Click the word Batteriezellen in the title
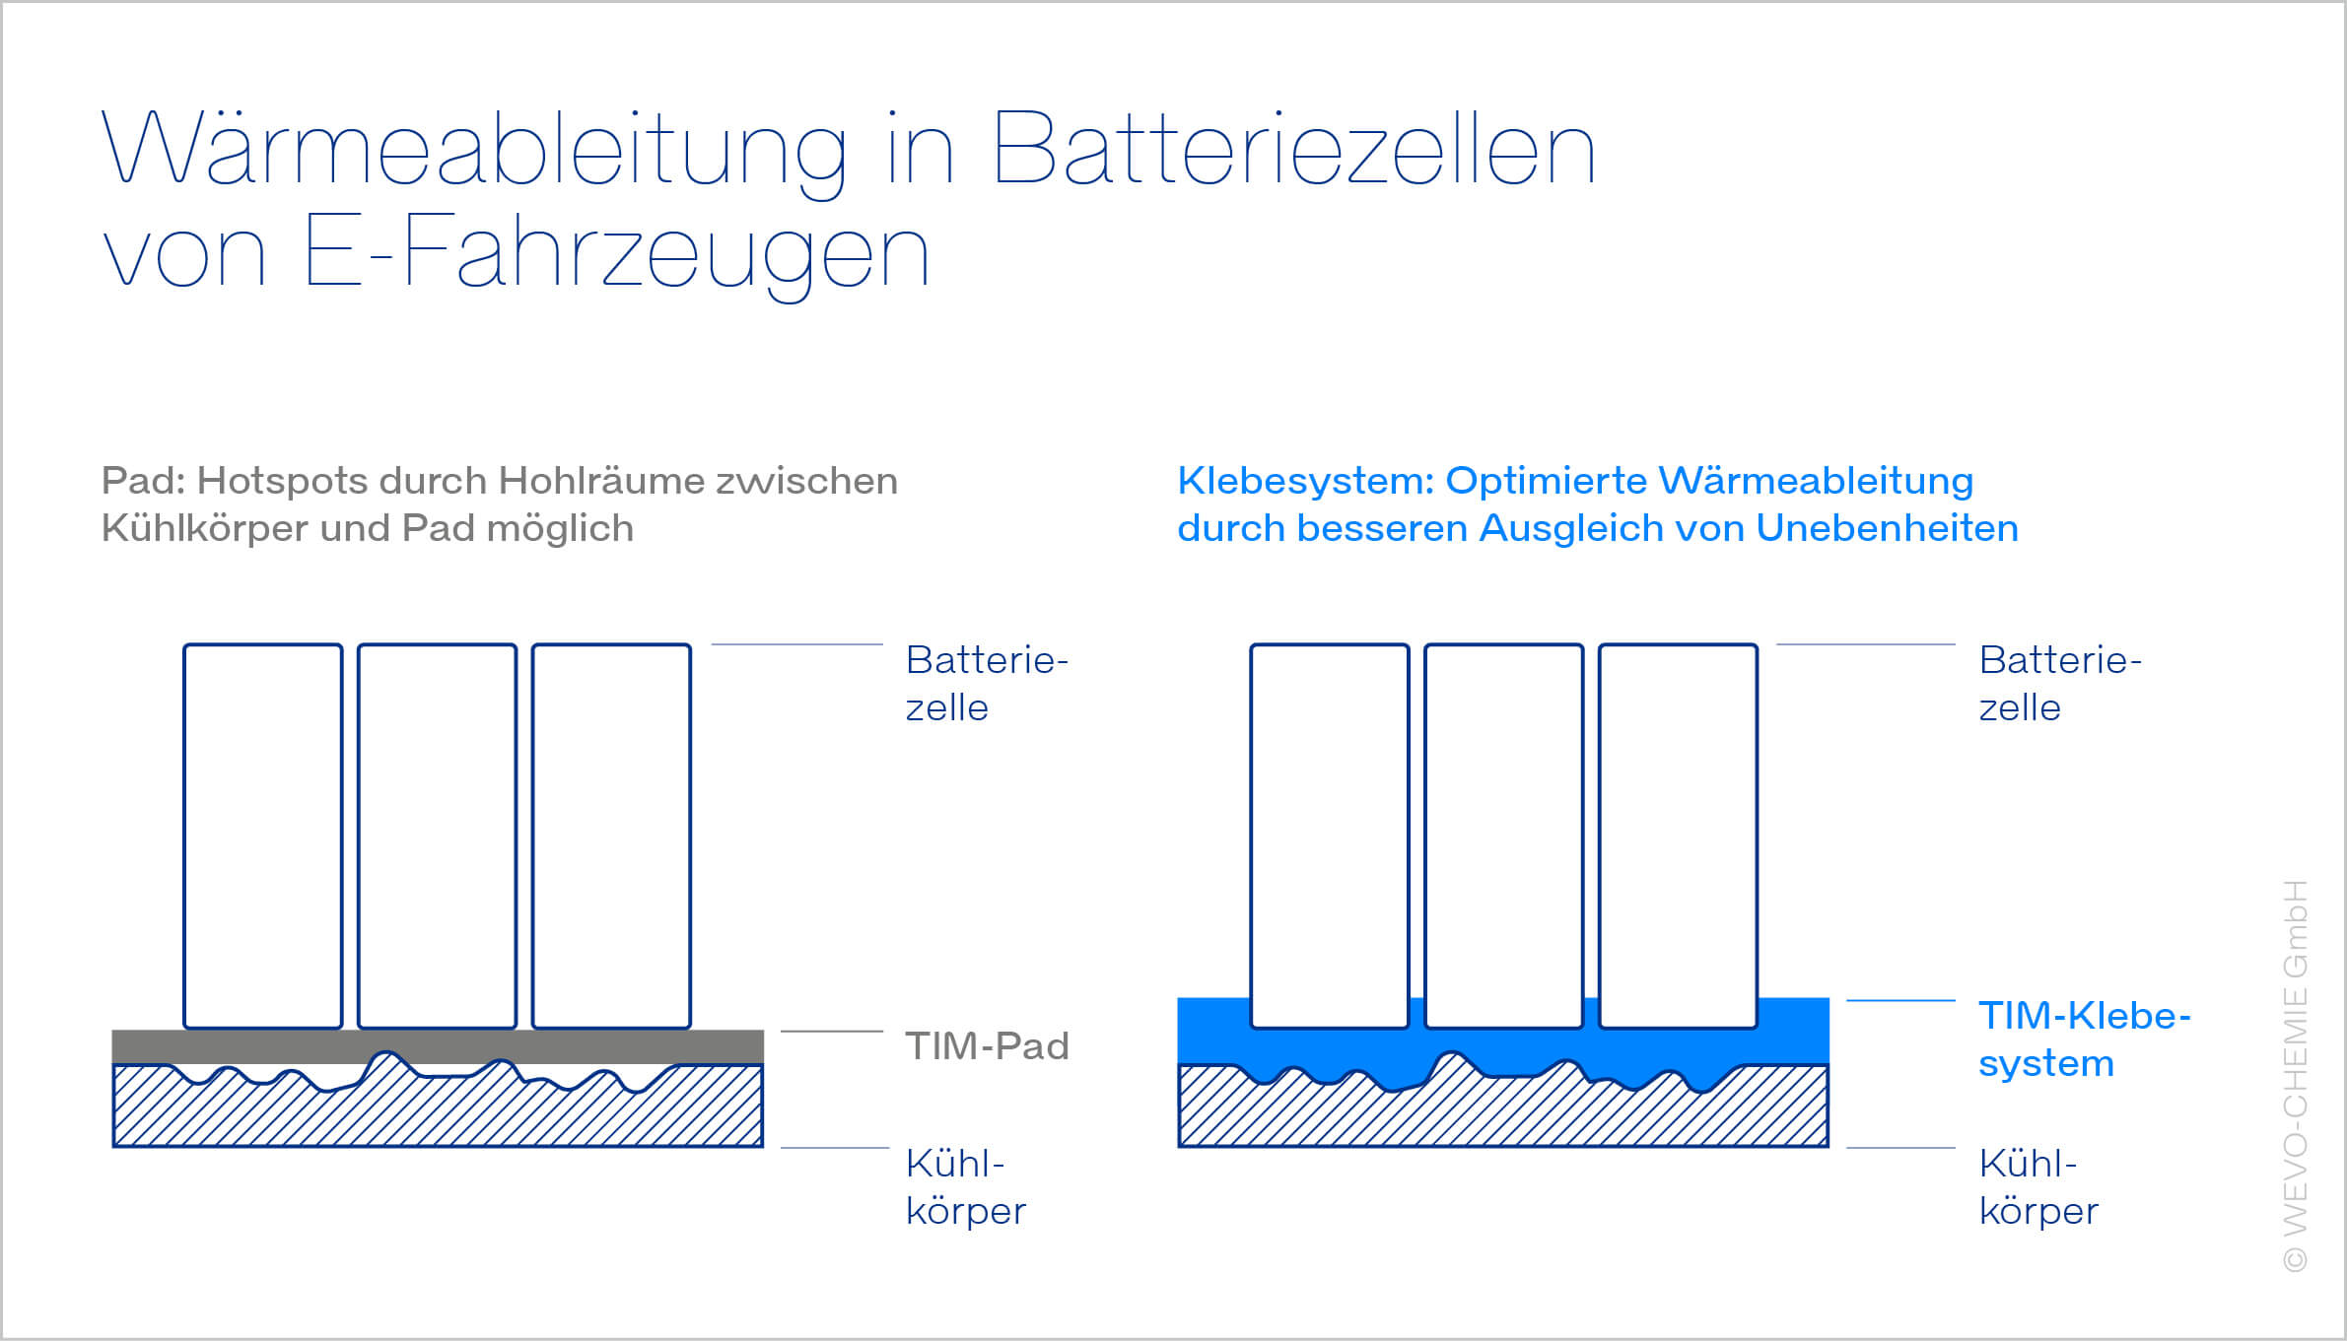(x=1294, y=149)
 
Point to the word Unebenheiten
(x=1887, y=528)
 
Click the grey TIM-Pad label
(x=988, y=1045)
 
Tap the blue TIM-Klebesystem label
(x=2084, y=1039)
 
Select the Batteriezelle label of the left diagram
(x=987, y=683)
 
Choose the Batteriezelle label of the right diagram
(x=2060, y=683)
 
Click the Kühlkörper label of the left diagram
(x=966, y=1187)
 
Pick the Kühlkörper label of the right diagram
(x=2038, y=1187)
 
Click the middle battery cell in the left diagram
(x=437, y=837)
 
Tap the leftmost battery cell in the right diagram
(x=1330, y=837)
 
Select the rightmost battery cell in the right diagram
(x=1678, y=837)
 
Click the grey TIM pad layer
(x=438, y=1046)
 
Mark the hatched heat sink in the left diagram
(x=438, y=1113)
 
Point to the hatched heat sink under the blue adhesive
(x=1503, y=1118)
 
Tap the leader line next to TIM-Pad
(x=832, y=1032)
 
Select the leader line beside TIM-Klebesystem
(x=1900, y=1001)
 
